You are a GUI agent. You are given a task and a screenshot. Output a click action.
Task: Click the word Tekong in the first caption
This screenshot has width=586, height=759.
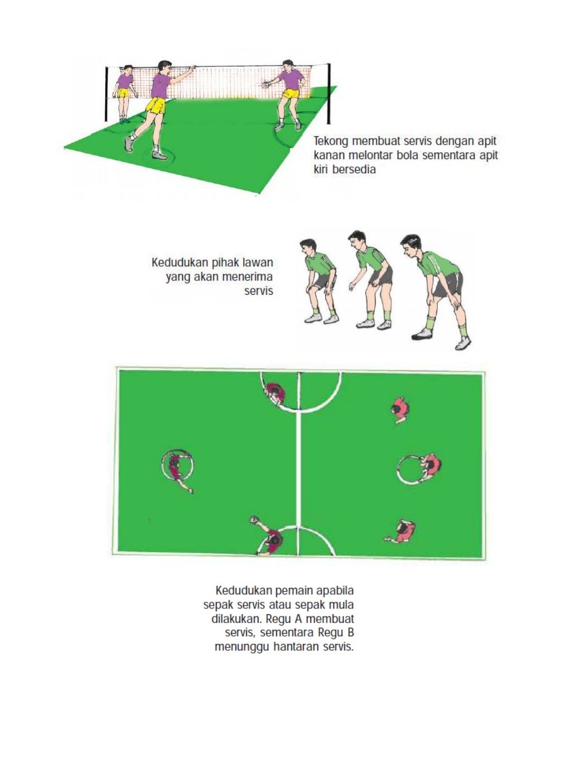pos(331,141)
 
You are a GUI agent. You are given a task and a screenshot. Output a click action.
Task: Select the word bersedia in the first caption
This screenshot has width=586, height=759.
pos(354,170)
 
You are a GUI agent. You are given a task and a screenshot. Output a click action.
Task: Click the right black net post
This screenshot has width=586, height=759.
pos(328,94)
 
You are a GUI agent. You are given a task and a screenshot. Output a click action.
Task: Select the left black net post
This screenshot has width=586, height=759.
pos(106,94)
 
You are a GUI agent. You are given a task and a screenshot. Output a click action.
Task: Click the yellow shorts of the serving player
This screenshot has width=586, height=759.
pos(156,105)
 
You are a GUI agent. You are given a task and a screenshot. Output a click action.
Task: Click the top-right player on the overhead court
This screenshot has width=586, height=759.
pos(401,409)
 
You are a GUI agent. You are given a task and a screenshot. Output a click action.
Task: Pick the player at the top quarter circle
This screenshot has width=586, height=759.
pos(275,394)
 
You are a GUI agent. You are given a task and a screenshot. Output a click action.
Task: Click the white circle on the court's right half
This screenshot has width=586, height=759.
pos(410,470)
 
